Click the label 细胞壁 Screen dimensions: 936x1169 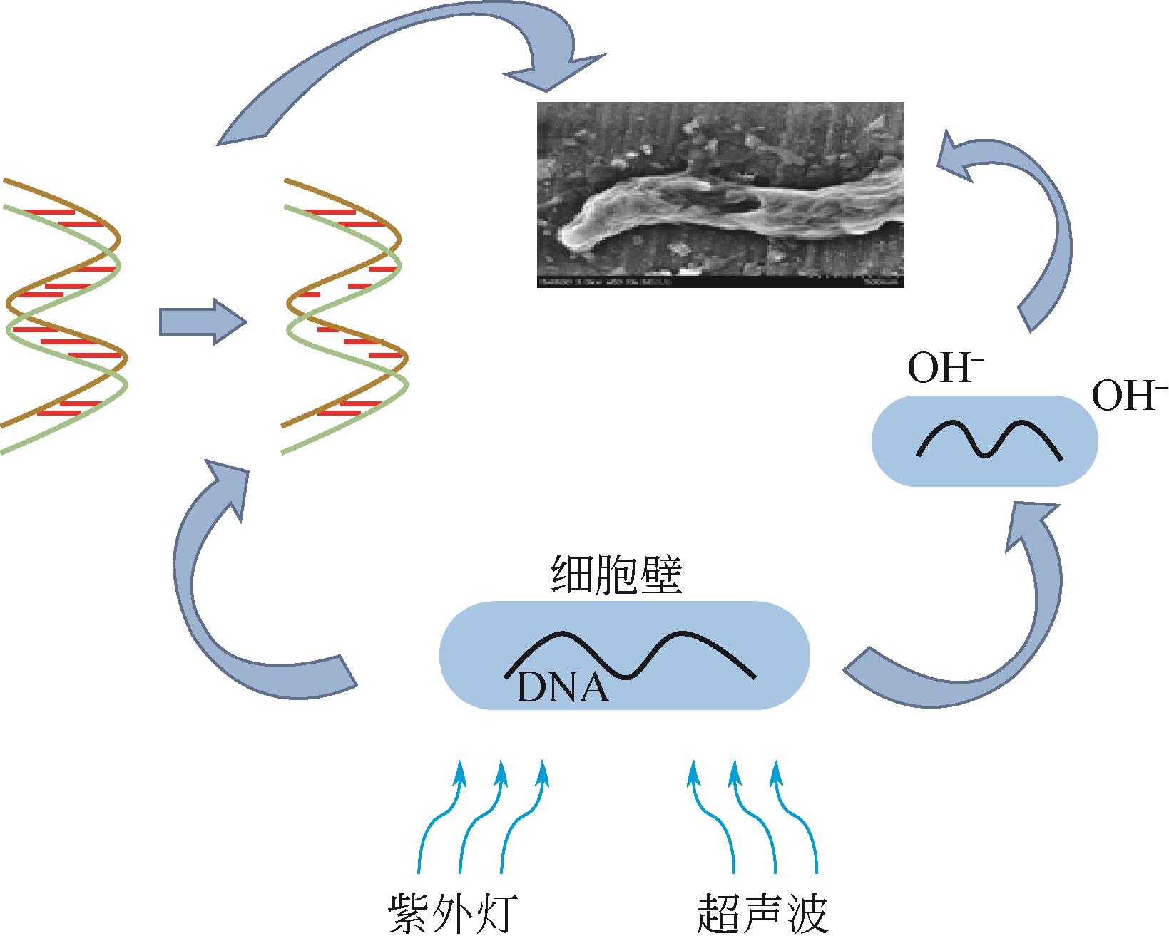click(618, 577)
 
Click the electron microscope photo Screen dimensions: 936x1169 click(720, 195)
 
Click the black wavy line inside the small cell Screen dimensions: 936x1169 click(989, 439)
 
